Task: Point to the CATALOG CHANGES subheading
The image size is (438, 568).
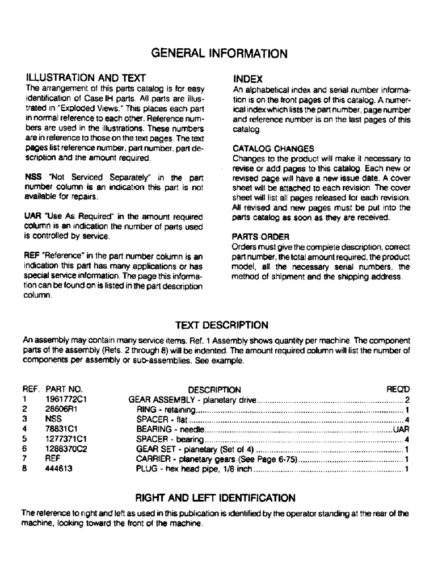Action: [266, 149]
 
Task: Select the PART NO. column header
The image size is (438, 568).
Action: [64, 390]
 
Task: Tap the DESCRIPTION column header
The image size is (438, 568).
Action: [214, 390]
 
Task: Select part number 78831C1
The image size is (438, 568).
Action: [61, 430]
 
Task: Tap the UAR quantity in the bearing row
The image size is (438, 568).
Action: [401, 430]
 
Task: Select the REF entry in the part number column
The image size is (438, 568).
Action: [52, 460]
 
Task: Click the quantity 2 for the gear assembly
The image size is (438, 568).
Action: [407, 400]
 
